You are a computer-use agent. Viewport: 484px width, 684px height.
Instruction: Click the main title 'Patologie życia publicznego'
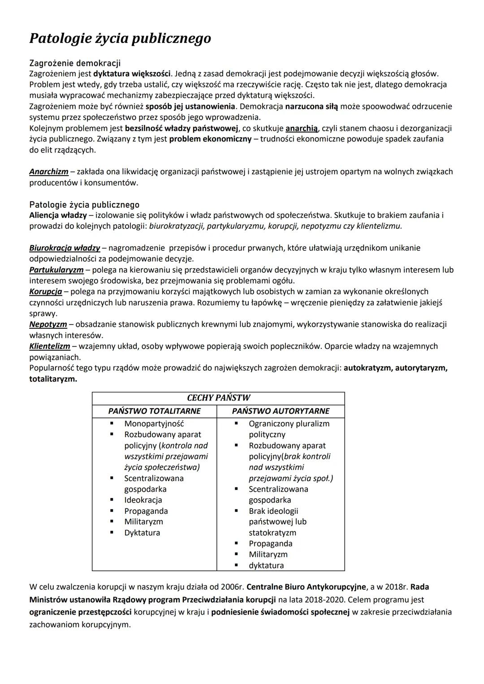coord(120,39)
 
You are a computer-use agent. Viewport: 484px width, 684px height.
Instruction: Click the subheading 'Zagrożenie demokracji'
coord(75,63)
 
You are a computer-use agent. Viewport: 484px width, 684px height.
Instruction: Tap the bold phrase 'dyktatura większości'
coord(132,73)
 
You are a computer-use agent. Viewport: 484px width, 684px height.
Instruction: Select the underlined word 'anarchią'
coord(301,129)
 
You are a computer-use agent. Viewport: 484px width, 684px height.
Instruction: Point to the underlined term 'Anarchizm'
coord(49,172)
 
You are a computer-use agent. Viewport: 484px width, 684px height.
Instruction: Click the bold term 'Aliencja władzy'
coord(58,215)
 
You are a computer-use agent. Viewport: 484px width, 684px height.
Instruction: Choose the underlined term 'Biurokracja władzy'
coord(65,248)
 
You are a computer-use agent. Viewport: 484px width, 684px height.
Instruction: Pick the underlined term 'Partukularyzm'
coord(56,270)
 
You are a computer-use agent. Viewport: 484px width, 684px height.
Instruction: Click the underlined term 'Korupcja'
coord(46,292)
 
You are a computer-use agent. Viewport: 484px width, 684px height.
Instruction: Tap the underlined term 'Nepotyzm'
coord(48,324)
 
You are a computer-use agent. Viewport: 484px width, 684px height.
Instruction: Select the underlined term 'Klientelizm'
coord(50,346)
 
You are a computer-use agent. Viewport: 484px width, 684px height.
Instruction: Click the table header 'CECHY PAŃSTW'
coord(218,398)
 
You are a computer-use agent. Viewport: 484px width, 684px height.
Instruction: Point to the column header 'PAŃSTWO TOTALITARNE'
coord(154,411)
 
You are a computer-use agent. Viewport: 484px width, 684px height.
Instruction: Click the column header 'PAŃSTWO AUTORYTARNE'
coord(281,411)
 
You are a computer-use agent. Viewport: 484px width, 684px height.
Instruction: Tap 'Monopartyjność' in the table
coord(154,424)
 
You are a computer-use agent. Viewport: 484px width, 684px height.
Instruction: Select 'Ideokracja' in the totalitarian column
coord(143,500)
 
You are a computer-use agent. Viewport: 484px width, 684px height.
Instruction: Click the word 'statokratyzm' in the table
coord(272,533)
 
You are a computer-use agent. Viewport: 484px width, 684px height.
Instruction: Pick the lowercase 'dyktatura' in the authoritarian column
coord(266,565)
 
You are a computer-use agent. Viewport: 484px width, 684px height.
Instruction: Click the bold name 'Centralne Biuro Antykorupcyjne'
coord(306,587)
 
